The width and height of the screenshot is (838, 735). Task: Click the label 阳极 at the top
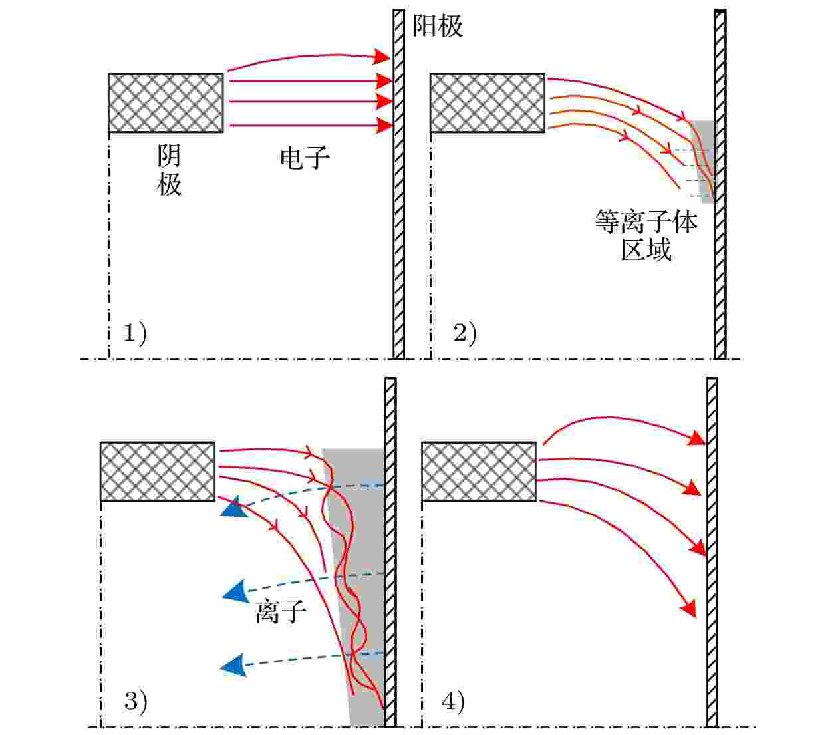[437, 26]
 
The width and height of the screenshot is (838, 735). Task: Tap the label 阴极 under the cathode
[169, 170]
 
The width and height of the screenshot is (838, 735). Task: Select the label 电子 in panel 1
[305, 158]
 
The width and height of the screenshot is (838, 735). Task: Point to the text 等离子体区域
[646, 235]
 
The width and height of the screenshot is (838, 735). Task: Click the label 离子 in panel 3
[281, 612]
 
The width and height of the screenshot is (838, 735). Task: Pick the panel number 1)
[135, 333]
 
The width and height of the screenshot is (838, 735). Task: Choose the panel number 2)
[464, 333]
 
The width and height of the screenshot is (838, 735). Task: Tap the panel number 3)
[136, 702]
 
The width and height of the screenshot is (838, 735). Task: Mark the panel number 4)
[453, 702]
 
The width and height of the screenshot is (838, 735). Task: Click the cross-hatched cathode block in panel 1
[166, 103]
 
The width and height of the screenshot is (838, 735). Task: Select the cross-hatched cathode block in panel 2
[488, 103]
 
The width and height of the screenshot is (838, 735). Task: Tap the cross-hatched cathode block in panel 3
[158, 471]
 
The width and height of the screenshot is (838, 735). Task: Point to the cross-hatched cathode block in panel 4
[479, 471]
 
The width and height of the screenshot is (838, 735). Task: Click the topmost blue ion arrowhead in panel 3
[233, 507]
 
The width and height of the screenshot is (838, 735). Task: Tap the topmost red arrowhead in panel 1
[381, 57]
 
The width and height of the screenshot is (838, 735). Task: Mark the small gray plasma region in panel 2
[702, 162]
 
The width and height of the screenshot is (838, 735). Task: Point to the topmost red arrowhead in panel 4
[696, 438]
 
